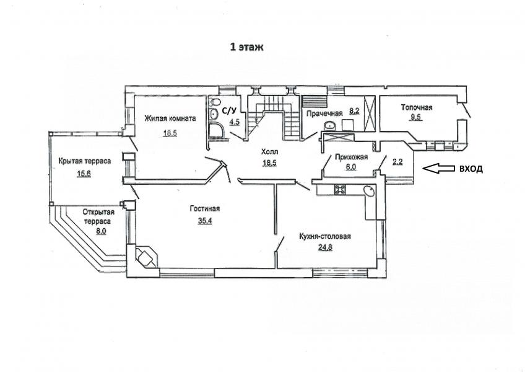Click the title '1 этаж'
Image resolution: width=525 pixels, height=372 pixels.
pyautogui.click(x=246, y=47)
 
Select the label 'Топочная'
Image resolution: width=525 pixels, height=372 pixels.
pyautogui.click(x=417, y=107)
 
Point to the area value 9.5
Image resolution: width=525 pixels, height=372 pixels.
pyautogui.click(x=417, y=117)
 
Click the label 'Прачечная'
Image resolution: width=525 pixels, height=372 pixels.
pyautogui.click(x=324, y=113)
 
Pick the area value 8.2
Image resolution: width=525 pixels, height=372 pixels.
pyautogui.click(x=354, y=110)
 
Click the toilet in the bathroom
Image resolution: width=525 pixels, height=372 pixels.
pyautogui.click(x=215, y=102)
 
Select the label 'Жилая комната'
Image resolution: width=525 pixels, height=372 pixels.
pyautogui.click(x=170, y=118)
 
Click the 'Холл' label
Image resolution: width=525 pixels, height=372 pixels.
pyautogui.click(x=269, y=153)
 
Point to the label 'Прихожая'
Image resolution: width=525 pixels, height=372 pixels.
pyautogui.click(x=351, y=157)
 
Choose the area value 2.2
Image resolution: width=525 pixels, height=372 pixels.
pyautogui.click(x=397, y=162)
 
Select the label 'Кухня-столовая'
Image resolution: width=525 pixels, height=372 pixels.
pyautogui.click(x=325, y=236)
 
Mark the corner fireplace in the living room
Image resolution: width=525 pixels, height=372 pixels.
pyautogui.click(x=145, y=257)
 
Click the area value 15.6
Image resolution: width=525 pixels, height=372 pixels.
pyautogui.click(x=84, y=174)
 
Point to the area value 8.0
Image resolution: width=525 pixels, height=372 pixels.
pyautogui.click(x=100, y=231)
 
